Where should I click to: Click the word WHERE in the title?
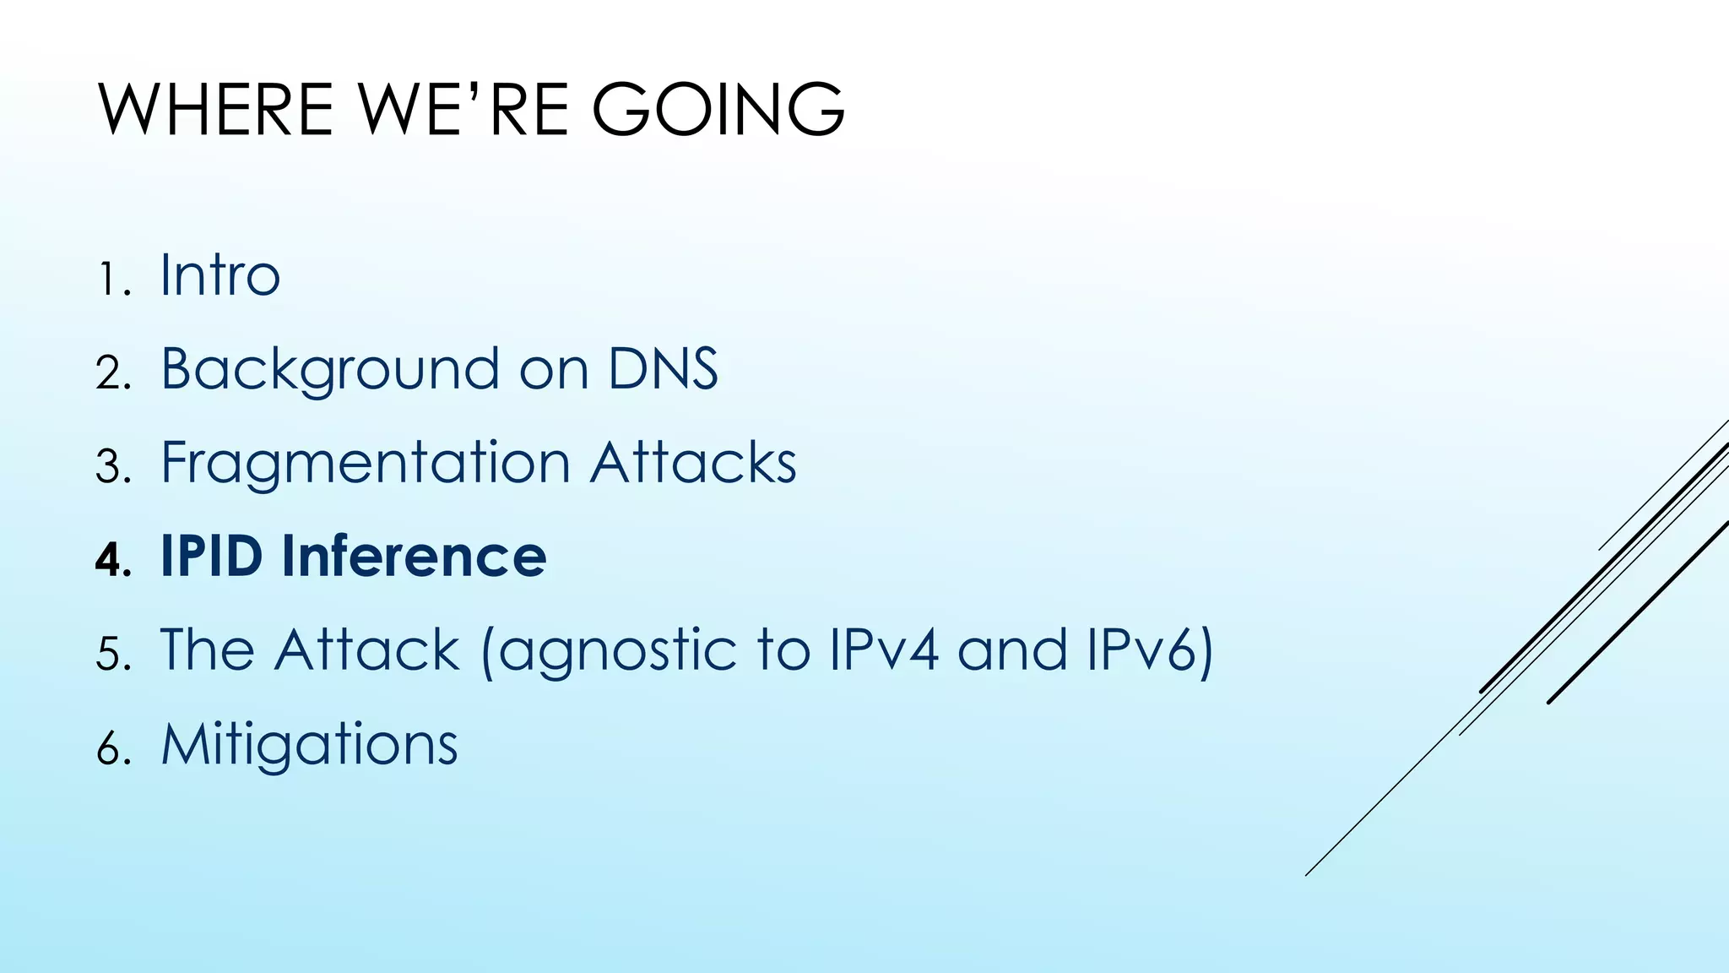tap(216, 110)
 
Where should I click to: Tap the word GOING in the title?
tap(718, 110)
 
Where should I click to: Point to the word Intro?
tap(220, 275)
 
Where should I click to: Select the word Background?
tap(330, 370)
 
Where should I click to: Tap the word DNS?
tap(663, 369)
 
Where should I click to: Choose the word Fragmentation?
tap(366, 464)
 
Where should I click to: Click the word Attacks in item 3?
tap(693, 463)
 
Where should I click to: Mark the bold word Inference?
tap(414, 557)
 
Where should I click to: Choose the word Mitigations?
tap(309, 745)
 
